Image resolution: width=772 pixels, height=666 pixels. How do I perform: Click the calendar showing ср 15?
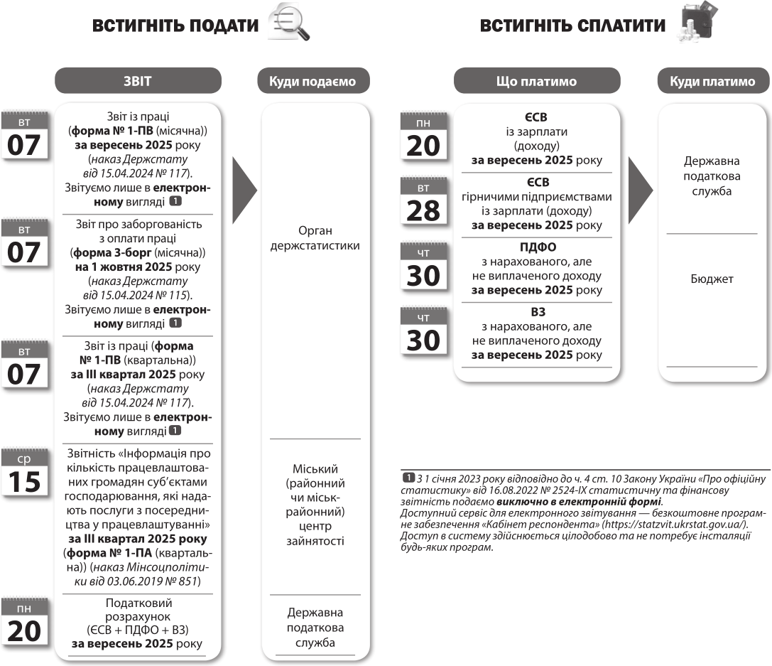tap(24, 472)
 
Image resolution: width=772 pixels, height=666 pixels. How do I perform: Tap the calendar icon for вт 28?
tap(423, 203)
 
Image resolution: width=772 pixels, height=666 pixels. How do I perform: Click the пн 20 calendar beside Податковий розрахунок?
tap(24, 623)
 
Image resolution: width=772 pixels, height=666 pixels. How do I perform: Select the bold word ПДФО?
tap(538, 247)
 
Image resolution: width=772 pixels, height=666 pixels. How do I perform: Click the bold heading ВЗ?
tap(538, 311)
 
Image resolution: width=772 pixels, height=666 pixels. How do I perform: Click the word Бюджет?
tap(712, 279)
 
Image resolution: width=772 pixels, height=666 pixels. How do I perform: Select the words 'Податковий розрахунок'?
tap(136, 608)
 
